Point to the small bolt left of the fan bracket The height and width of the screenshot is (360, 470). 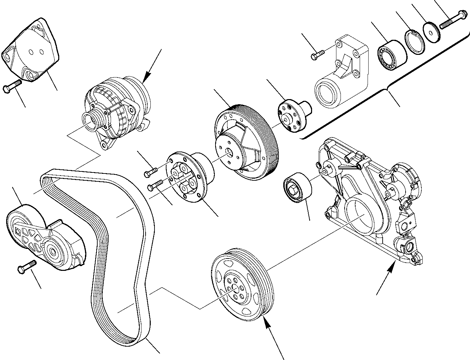click(x=317, y=55)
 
